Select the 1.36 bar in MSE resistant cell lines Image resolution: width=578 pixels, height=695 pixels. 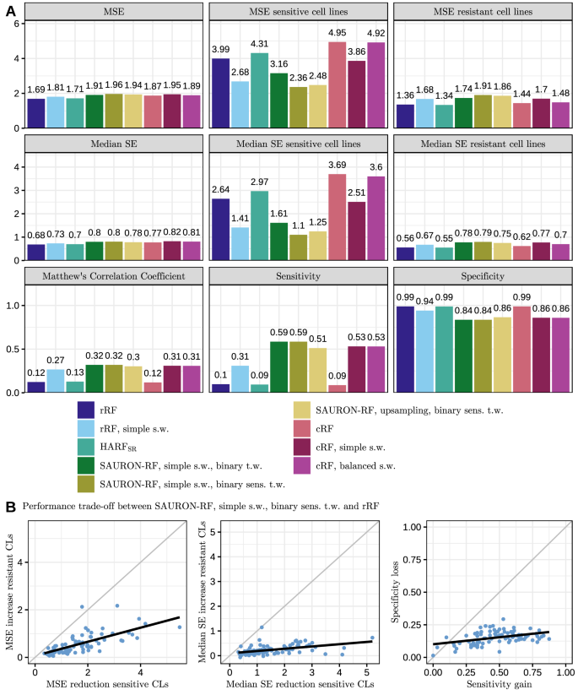(405, 116)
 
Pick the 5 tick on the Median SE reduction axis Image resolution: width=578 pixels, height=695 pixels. (368, 672)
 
